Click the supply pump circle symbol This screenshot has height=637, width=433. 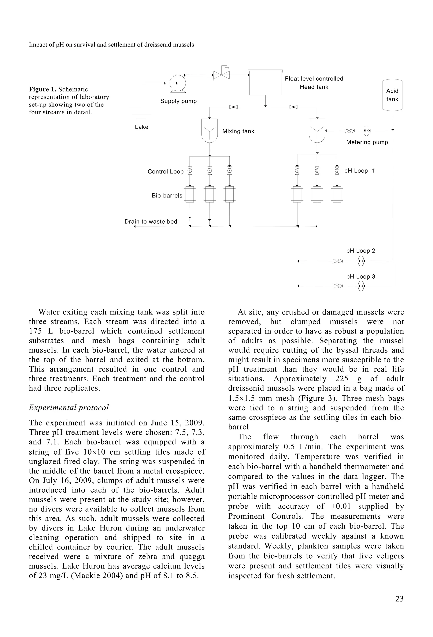pos(177,83)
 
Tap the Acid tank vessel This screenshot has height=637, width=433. pos(392,95)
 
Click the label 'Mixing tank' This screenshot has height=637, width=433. pos(238,131)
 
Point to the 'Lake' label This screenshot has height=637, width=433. pos(141,127)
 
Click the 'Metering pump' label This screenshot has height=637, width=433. pos(367,142)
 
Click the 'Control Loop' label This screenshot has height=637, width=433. pos(165,172)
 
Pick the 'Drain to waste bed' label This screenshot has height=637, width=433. pos(151,221)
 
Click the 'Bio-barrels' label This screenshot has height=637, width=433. pos(167,196)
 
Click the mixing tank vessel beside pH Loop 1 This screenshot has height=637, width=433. pos(317,130)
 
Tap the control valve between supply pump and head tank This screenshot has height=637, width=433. pos(221,75)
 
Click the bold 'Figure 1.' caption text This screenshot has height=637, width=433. pos(42,89)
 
